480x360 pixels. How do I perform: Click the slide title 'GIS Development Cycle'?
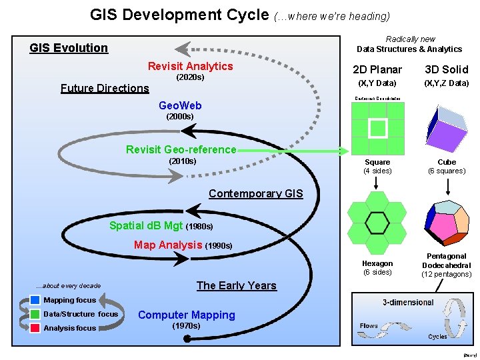coord(179,14)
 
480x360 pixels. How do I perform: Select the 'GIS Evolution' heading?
coord(69,48)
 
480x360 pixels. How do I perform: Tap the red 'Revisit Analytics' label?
coord(190,66)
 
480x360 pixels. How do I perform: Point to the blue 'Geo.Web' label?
coord(180,105)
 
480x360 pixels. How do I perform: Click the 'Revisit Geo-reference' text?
coord(181,149)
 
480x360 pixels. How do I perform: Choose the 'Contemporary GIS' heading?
coord(255,194)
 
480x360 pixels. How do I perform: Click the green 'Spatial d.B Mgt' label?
coord(145,225)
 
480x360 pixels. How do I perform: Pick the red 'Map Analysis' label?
coord(168,245)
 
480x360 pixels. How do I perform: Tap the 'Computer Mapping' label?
coord(186,315)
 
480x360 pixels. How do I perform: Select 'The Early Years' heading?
coord(236,285)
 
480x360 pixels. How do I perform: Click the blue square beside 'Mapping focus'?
coord(35,300)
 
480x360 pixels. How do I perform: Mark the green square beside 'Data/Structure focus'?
coord(35,314)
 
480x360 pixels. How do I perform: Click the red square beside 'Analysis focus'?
coord(35,328)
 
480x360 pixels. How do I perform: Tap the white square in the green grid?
coord(377,128)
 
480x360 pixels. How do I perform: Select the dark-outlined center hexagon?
coord(377,223)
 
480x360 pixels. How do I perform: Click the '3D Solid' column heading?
coord(447,69)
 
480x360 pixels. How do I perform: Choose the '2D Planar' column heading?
coord(377,69)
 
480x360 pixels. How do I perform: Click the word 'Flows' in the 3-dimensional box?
coord(369,326)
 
